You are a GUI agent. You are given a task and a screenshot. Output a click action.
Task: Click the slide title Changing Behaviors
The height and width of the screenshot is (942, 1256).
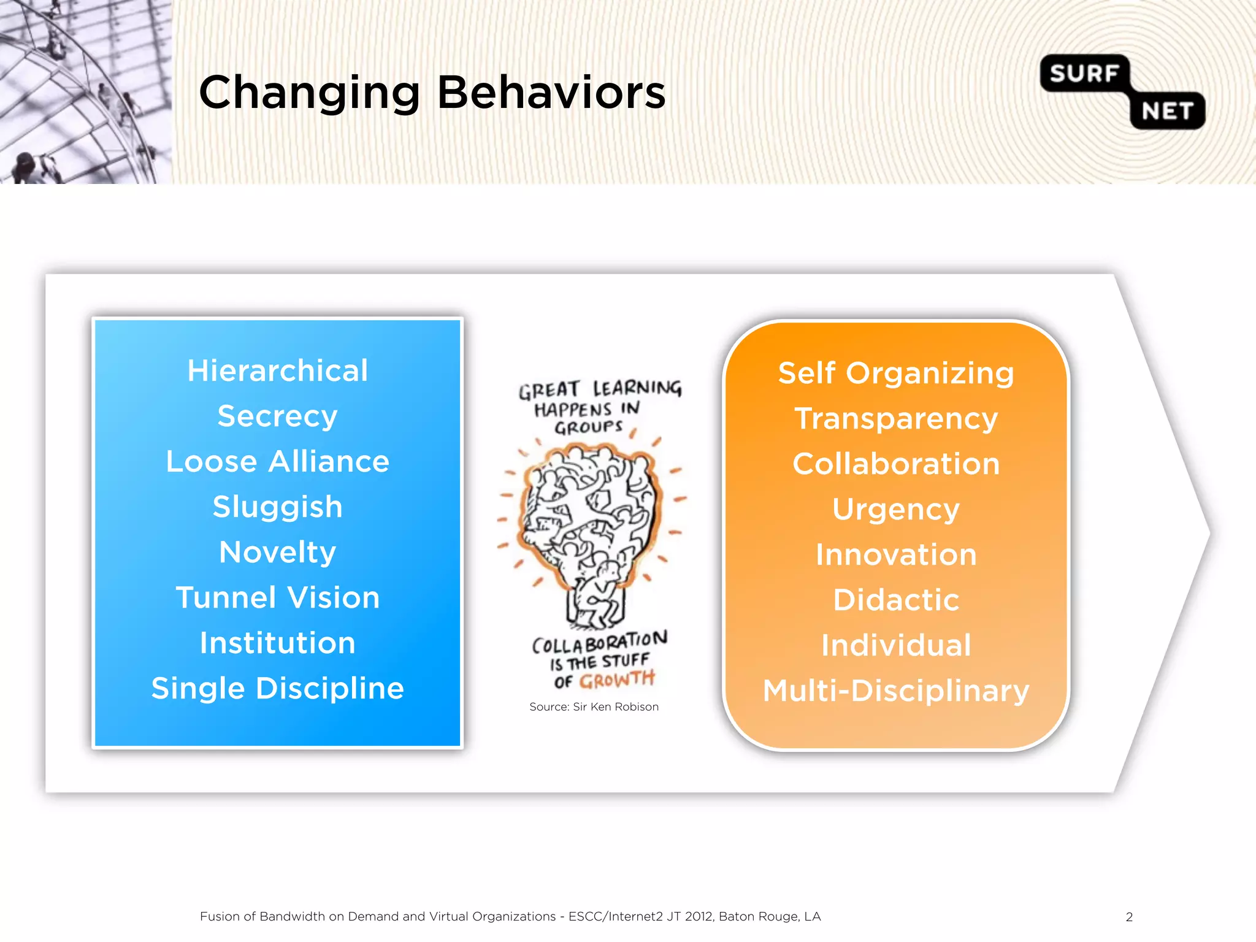432,93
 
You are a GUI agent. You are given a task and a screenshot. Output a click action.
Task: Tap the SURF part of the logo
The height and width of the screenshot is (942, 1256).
1084,74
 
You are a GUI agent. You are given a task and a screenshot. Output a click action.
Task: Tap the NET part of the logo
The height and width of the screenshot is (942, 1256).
1167,111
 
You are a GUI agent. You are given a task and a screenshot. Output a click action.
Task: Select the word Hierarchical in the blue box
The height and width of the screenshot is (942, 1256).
278,371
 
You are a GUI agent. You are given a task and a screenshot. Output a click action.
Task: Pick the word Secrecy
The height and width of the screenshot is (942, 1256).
278,416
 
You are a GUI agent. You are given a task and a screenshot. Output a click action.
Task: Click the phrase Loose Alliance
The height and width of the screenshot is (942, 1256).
278,462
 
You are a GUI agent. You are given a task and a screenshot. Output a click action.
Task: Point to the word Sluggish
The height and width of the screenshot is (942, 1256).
278,507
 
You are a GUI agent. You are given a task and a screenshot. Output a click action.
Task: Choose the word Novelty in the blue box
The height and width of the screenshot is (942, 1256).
278,553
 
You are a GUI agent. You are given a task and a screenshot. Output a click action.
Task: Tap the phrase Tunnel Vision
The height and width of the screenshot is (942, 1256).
278,598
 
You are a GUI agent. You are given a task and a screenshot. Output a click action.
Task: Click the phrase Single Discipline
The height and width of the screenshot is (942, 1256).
278,689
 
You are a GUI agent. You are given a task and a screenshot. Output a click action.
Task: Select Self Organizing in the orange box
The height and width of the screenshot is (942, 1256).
896,373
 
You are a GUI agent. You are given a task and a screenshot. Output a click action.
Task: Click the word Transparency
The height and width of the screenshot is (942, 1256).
896,419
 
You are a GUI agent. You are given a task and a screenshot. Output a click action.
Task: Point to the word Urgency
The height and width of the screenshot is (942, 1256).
896,509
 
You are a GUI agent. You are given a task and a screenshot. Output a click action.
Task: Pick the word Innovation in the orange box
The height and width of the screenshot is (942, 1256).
896,555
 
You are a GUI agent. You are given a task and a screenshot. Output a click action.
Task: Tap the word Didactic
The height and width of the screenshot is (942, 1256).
896,600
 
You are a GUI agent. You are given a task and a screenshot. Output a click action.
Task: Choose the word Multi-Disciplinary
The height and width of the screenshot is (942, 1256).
896,691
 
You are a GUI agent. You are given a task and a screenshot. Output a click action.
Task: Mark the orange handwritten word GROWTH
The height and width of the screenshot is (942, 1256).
617,680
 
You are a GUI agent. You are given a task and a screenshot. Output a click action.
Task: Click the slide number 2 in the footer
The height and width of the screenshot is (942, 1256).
1129,917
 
